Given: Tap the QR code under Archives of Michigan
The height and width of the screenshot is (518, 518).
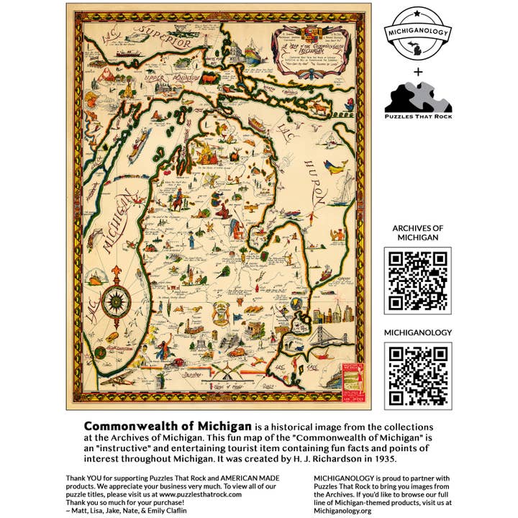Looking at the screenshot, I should (x=418, y=281).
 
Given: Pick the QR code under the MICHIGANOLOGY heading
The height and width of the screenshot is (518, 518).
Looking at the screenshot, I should (x=418, y=376).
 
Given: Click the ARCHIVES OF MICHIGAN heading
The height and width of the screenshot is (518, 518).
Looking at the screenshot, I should (x=418, y=233).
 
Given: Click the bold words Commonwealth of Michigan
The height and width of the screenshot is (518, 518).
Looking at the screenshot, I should (x=168, y=426).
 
